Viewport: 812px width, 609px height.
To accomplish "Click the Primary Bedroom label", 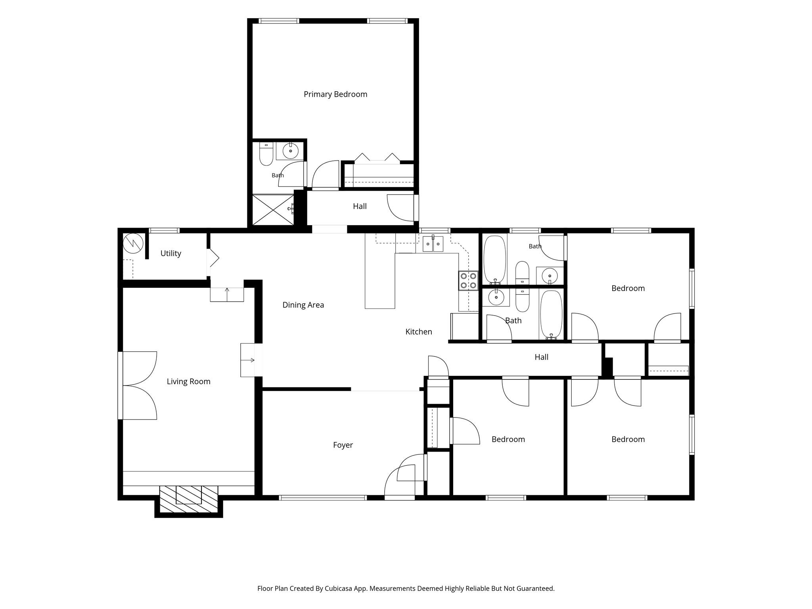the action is pos(335,94).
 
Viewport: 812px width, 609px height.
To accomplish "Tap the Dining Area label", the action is pos(303,305).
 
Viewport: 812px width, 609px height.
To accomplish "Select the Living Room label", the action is pos(188,381).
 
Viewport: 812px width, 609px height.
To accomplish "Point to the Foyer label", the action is pos(343,445).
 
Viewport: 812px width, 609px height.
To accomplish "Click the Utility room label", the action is pos(171,253).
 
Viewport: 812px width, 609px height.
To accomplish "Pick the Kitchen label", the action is pos(419,331).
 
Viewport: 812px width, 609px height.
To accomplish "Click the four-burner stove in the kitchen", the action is pos(468,280).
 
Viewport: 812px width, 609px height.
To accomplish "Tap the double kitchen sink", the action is pos(433,244).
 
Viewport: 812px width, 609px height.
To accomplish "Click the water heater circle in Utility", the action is pos(133,243).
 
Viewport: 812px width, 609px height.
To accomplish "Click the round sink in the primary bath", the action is pos(291,151).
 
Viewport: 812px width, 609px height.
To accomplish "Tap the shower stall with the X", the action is pos(274,210).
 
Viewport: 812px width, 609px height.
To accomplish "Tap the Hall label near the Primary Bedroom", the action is pos(360,206).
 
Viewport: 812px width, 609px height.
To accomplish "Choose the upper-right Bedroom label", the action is pos(628,288).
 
